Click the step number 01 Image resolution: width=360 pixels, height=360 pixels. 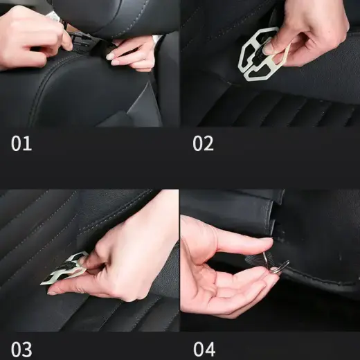coord(21,144)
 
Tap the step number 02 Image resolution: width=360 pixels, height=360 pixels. coord(203,144)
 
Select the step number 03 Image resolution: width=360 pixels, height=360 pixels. coord(21,348)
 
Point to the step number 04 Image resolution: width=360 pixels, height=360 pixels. coord(204,348)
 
